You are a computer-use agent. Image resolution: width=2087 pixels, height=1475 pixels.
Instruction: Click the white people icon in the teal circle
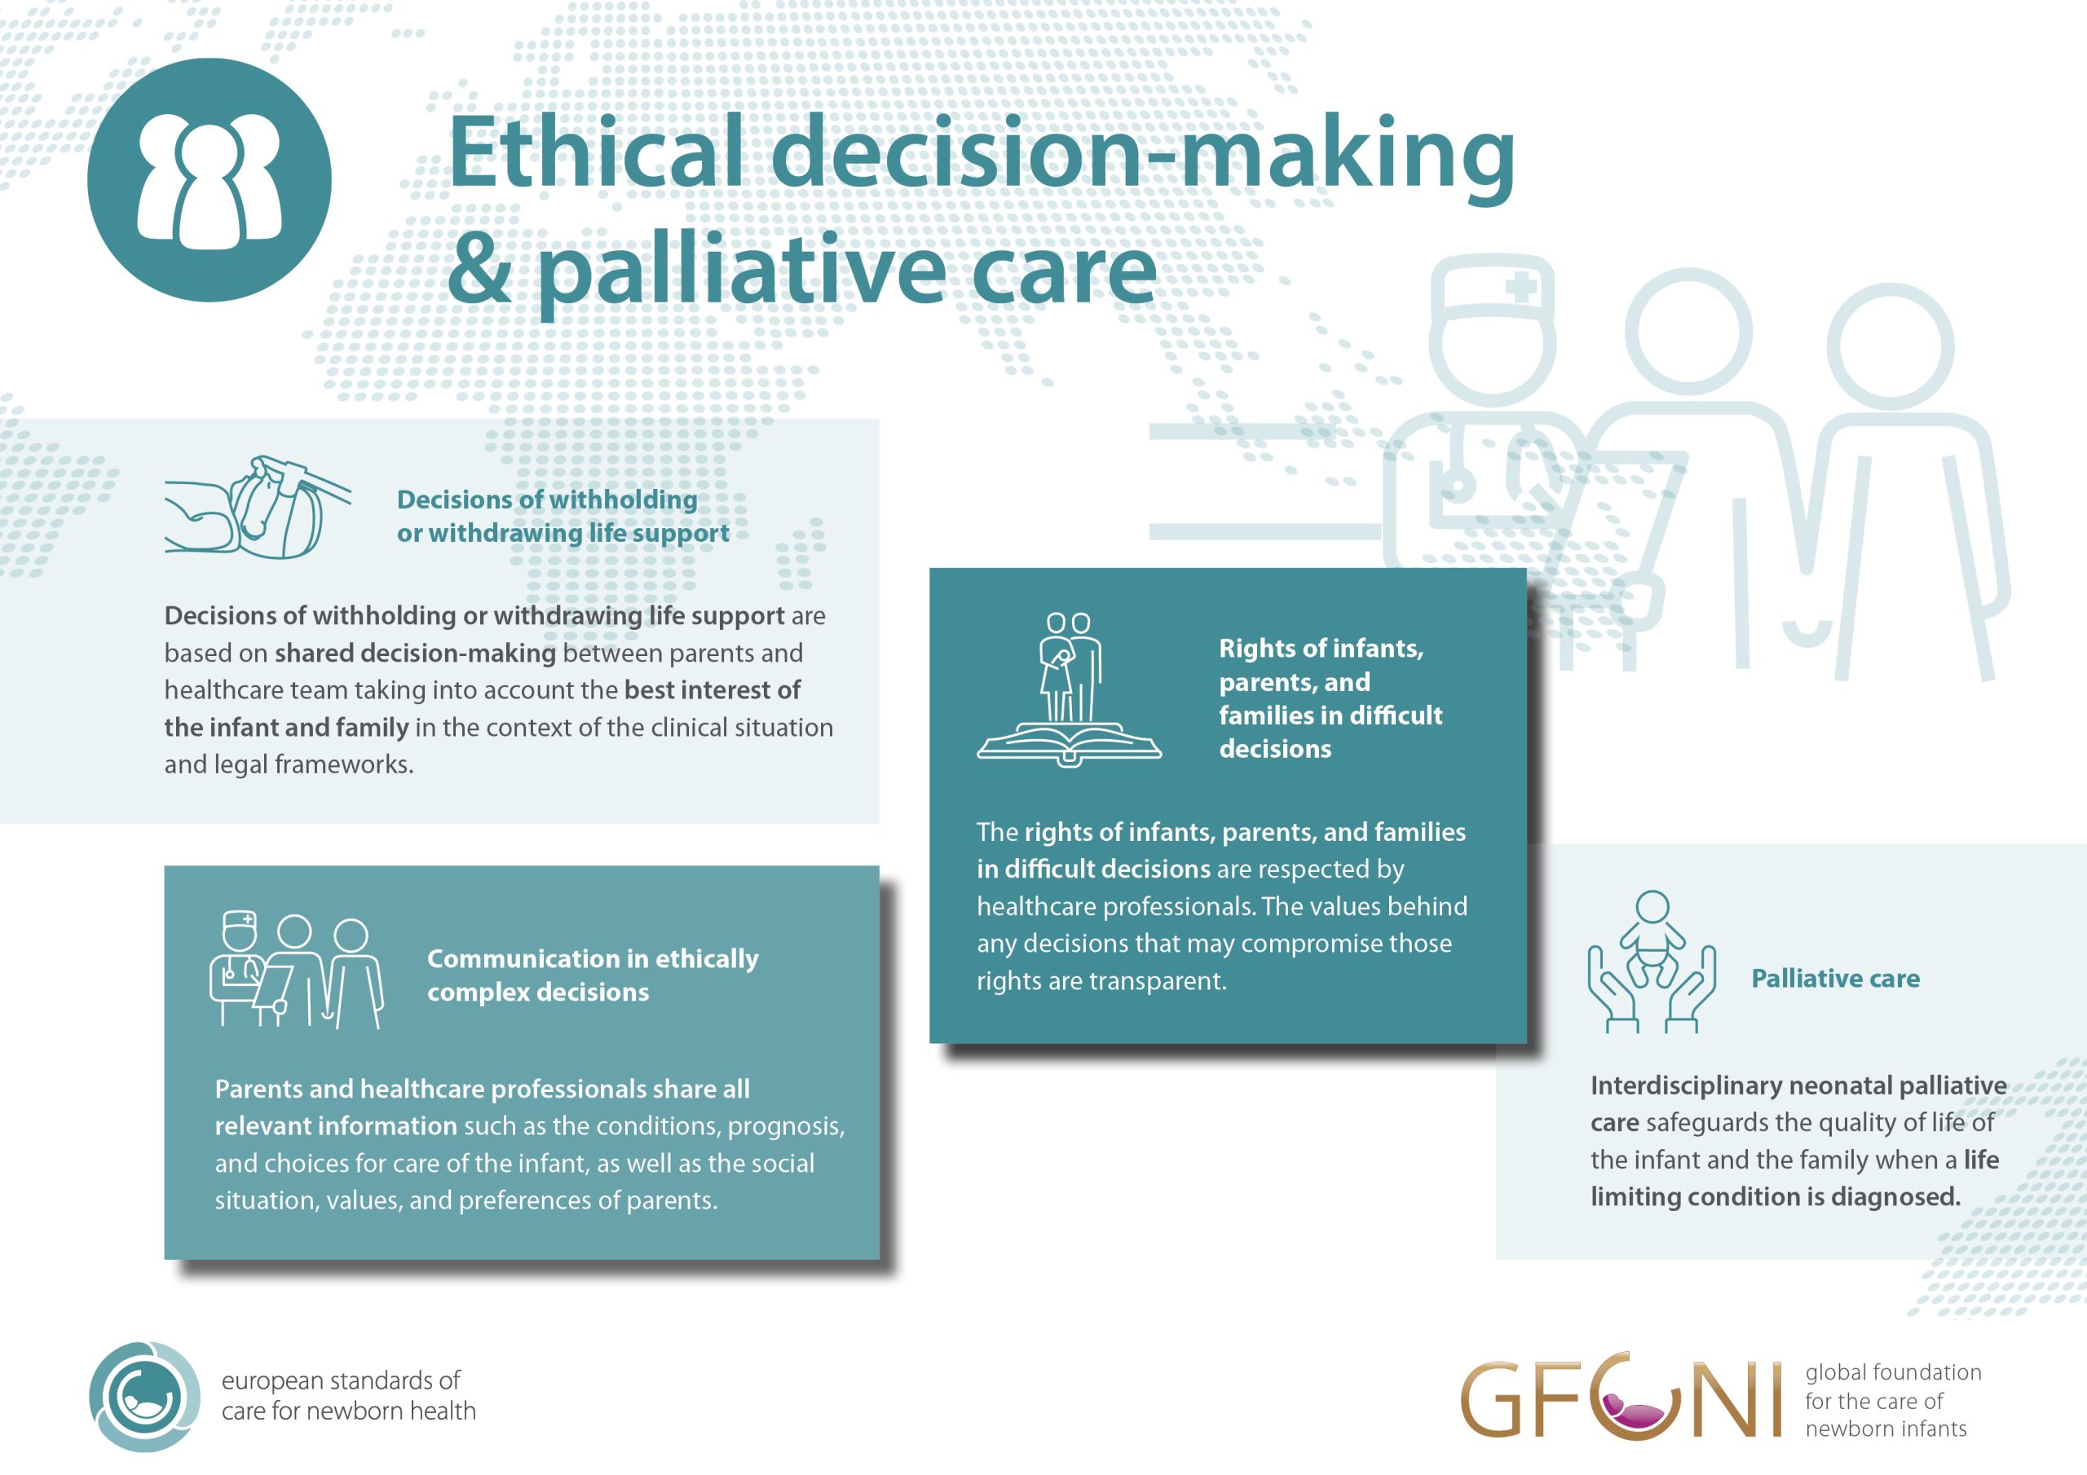pyautogui.click(x=209, y=182)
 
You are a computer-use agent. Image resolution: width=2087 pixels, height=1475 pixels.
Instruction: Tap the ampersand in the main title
pyautogui.click(x=479, y=270)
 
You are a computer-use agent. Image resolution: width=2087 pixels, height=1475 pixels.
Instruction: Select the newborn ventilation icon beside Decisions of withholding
pyautogui.click(x=258, y=507)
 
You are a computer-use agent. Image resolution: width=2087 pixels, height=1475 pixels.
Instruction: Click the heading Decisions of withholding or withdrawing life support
pyautogui.click(x=563, y=516)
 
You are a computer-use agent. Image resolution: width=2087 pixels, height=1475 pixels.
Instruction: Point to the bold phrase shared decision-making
pyautogui.click(x=416, y=654)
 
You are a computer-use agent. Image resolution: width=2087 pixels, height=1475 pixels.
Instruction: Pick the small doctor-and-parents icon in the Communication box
pyautogui.click(x=296, y=971)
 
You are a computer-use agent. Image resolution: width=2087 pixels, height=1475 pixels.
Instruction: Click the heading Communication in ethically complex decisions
pyautogui.click(x=593, y=975)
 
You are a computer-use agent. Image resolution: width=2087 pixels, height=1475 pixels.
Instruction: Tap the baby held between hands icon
pyautogui.click(x=1652, y=962)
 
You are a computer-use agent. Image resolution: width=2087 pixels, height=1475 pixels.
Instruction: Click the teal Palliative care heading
pyautogui.click(x=1835, y=979)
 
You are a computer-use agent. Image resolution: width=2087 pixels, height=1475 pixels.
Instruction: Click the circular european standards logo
pyautogui.click(x=144, y=1397)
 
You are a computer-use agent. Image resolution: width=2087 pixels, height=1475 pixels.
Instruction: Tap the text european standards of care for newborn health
pyautogui.click(x=348, y=1396)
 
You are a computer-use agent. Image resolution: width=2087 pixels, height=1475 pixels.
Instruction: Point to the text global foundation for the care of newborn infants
pyautogui.click(x=1892, y=1401)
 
